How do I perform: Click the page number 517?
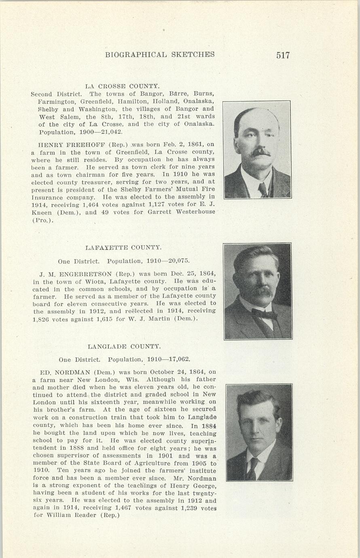click(283, 55)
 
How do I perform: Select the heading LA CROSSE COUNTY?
click(122, 86)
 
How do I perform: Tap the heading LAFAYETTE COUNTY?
click(123, 247)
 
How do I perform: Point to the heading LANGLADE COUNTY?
click(124, 347)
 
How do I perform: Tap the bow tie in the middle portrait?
click(264, 313)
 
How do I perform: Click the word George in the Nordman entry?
click(194, 486)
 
